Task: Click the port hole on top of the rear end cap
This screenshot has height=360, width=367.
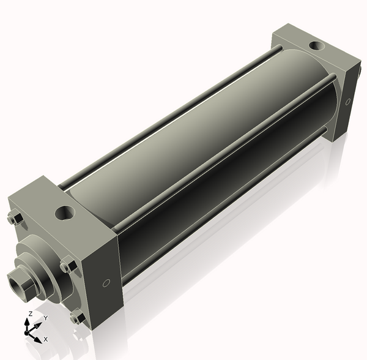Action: pos(317,45)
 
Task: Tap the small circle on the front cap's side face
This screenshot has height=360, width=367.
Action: pos(106,283)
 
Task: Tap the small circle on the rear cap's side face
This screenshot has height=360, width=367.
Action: pos(348,102)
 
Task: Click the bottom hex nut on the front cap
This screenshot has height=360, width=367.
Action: pos(77,317)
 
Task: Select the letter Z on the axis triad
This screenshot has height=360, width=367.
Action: pos(29,313)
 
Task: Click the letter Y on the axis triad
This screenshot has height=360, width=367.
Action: pos(46,318)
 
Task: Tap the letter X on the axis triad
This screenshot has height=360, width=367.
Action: pos(46,339)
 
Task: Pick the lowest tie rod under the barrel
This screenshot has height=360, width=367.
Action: pos(220,208)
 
